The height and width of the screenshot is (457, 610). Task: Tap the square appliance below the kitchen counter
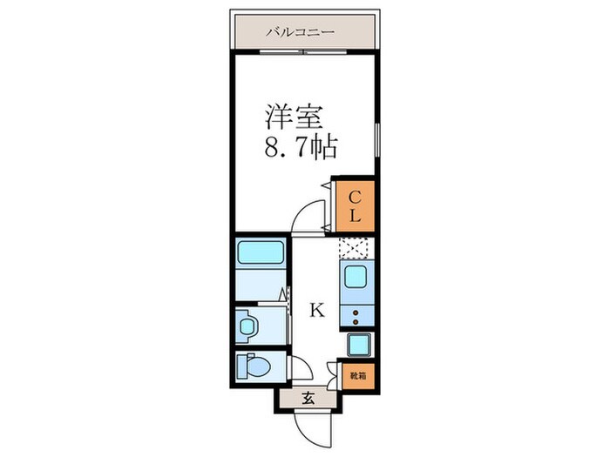tap(359, 346)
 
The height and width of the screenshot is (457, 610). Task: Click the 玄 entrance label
tap(308, 400)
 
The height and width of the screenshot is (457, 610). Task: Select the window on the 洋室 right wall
tap(378, 139)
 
